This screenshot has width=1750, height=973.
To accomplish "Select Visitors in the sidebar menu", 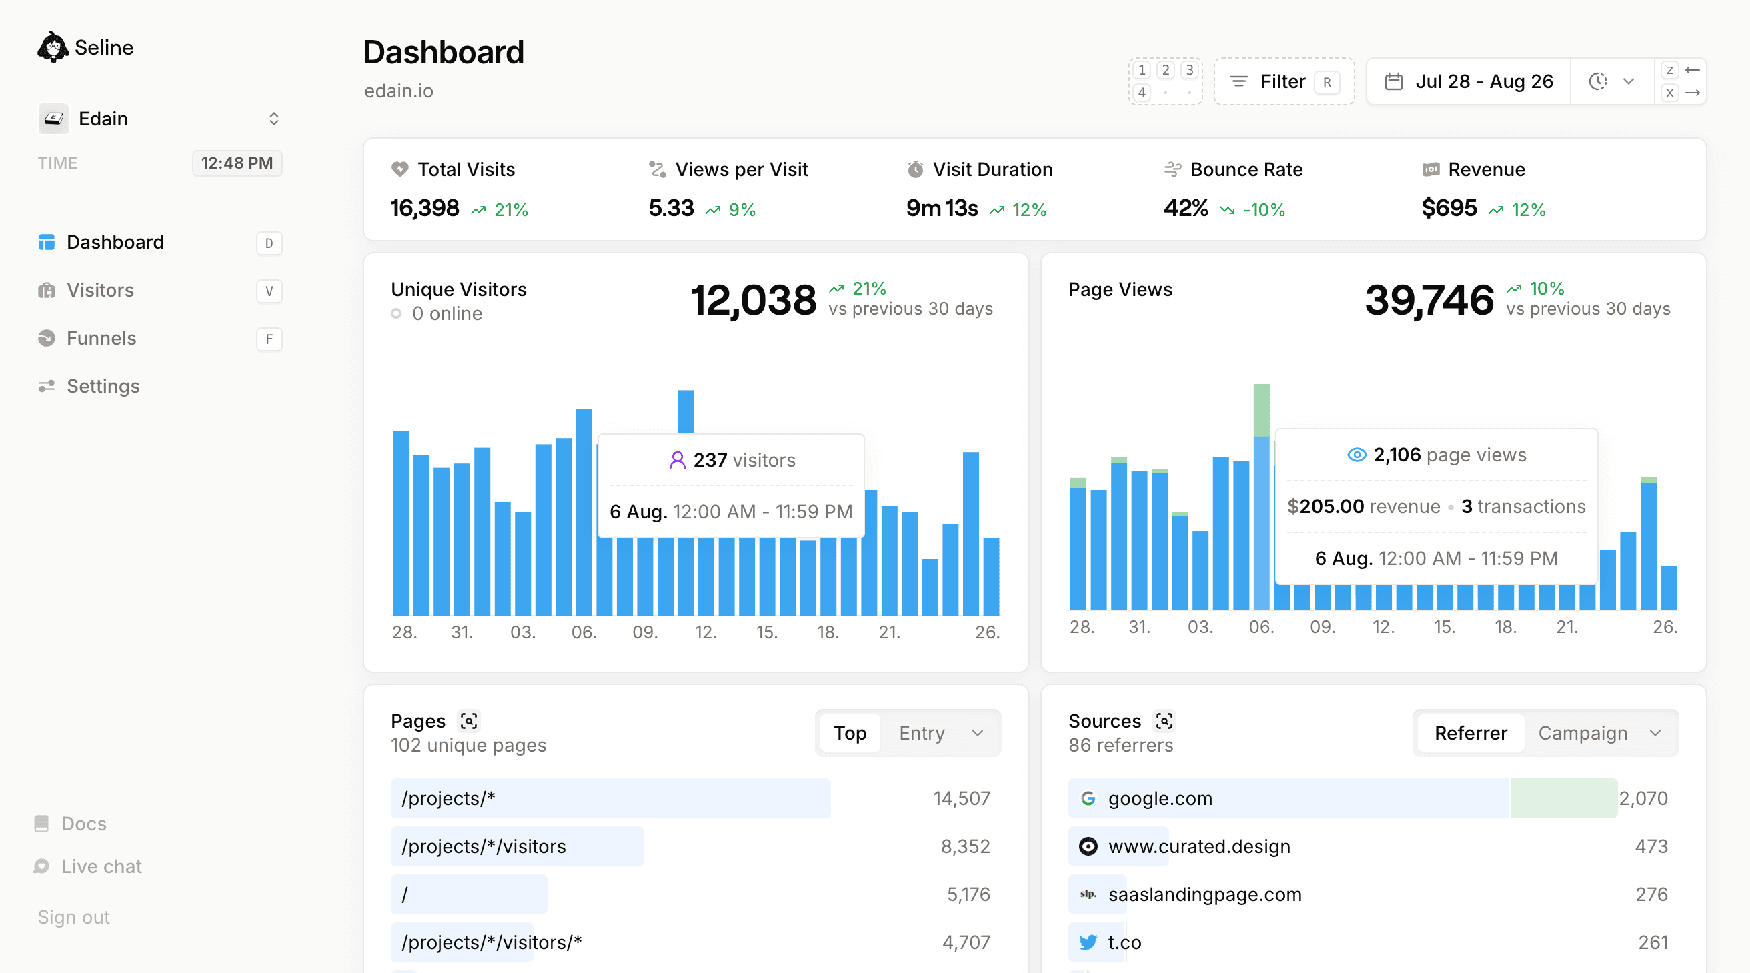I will point(100,290).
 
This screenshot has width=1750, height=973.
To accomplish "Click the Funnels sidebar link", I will point(101,338).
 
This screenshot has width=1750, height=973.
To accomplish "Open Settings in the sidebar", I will point(103,386).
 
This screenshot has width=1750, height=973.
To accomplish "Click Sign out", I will point(73,916).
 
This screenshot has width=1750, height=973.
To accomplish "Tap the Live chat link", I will point(101,866).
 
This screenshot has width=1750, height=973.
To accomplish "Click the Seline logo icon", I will point(52,47).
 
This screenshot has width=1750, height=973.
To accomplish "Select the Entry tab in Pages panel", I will point(921,732).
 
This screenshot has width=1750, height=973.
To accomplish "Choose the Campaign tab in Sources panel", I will point(1582,732).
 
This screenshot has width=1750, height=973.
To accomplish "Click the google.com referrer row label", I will point(1160,798).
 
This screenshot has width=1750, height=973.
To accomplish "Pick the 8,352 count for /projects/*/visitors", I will point(964,846).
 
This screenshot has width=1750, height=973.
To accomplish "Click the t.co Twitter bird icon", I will point(1088,942).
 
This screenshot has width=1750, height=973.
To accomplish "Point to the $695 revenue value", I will point(1449,208).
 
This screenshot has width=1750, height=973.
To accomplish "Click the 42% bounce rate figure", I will point(1186,208).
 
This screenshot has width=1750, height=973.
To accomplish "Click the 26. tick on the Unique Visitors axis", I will point(986,632).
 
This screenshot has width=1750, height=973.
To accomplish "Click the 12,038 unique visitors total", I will point(753,299).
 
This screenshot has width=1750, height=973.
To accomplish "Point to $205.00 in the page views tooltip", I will point(1325,506).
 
